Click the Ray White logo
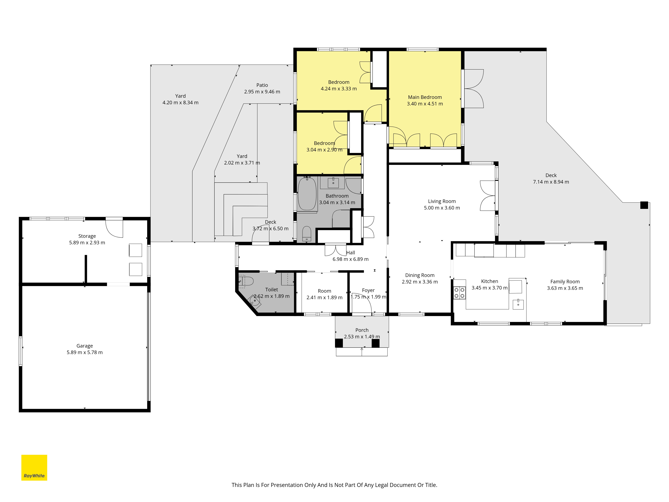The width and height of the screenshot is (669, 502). click(34, 468)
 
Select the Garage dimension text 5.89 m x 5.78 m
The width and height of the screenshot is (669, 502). click(85, 352)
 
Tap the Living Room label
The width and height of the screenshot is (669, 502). click(442, 201)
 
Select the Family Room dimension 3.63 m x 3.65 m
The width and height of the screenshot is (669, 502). click(565, 288)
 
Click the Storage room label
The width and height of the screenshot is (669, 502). click(87, 236)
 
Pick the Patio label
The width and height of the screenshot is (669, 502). click(262, 85)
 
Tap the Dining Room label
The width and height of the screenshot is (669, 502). click(420, 275)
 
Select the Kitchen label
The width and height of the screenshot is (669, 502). click(490, 281)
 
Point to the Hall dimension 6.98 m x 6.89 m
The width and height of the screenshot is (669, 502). click(351, 259)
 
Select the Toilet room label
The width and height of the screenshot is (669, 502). click(272, 290)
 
